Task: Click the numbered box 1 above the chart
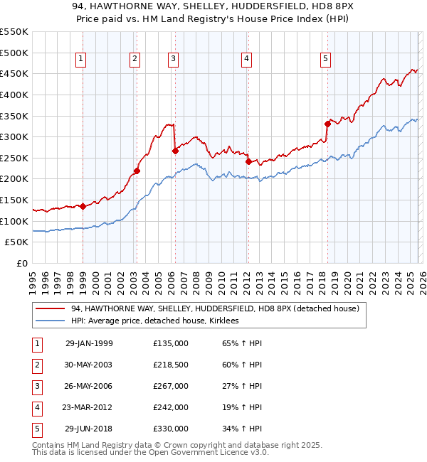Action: (x=81, y=59)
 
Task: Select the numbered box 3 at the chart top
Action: (x=173, y=59)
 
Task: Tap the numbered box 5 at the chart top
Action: (x=325, y=59)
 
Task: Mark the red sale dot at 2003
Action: (x=137, y=171)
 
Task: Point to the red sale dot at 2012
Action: (x=248, y=161)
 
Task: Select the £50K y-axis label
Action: (x=17, y=242)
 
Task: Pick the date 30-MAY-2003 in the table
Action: (x=89, y=365)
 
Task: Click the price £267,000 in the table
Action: (x=171, y=386)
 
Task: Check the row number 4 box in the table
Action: (x=38, y=407)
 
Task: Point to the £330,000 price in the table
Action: (x=171, y=429)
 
